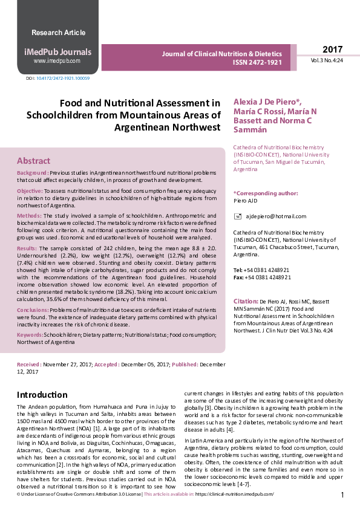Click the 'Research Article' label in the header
pos(58,33)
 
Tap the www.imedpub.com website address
pos(57,61)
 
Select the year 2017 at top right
pos(332,50)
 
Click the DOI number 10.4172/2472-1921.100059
pos(63,79)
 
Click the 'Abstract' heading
pos(34,161)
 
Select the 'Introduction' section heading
pos(42,395)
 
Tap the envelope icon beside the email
pos(237,216)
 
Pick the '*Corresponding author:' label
pos(266,193)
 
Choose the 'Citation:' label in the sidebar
pos(246,300)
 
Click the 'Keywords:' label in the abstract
pos(30,334)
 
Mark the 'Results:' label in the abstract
pos(27,248)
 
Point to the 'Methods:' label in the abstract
pos(29,215)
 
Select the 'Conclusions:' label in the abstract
pos(33,310)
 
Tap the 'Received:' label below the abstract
pos(29,365)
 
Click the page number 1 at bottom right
pos(342,495)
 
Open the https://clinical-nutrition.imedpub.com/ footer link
pos(234,494)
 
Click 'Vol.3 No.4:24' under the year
pos(327,61)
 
